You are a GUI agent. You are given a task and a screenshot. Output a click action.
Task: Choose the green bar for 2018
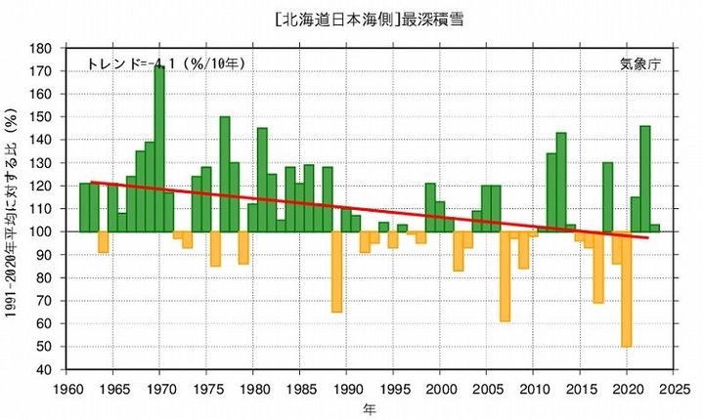point(607,196)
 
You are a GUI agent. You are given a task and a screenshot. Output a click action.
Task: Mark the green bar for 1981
point(262,180)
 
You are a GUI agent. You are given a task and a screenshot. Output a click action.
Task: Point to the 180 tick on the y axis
point(41,49)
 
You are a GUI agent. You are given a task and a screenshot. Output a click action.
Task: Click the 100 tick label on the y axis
point(41,231)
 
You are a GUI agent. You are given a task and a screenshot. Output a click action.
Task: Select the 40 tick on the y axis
point(44,369)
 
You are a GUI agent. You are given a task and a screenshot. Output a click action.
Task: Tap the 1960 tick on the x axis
point(66,387)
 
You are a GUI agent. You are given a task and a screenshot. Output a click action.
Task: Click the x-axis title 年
point(367,406)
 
